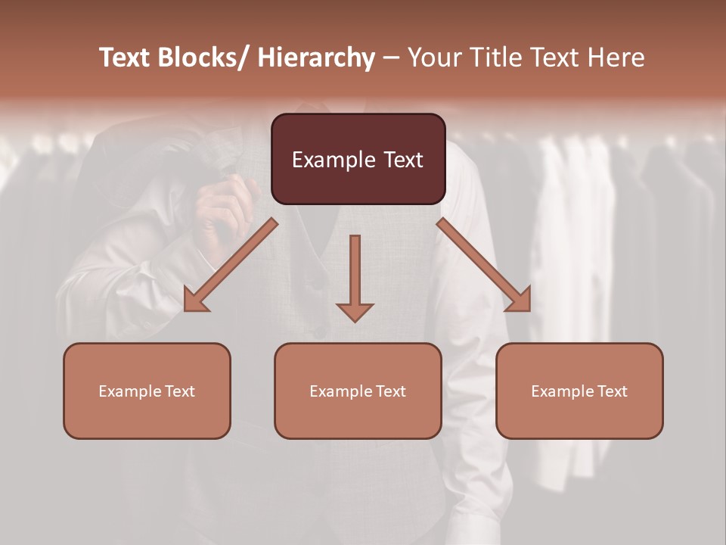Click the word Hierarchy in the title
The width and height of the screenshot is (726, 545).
point(316,58)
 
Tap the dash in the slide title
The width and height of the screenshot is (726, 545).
point(392,59)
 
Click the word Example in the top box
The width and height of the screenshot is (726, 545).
point(334,160)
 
